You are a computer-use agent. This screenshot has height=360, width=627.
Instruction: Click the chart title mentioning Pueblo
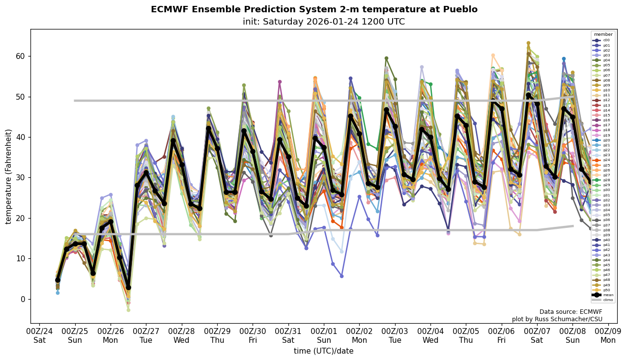pyautogui.click(x=314, y=9)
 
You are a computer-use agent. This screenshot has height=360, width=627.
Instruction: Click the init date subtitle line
pyautogui.click(x=324, y=22)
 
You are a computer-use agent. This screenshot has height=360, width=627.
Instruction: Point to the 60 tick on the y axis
pyautogui.click(x=20, y=56)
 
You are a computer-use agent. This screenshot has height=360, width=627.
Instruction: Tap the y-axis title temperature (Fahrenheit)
pyautogui.click(x=8, y=176)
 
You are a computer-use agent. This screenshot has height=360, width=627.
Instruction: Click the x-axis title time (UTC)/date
pyautogui.click(x=323, y=351)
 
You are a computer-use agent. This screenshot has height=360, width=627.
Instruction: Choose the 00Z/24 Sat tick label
pyautogui.click(x=40, y=336)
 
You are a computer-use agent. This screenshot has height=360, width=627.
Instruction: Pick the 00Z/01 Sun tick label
pyautogui.click(x=324, y=336)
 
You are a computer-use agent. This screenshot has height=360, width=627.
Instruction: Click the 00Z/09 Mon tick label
pyautogui.click(x=608, y=336)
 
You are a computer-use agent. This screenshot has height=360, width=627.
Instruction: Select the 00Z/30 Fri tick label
pyautogui.click(x=253, y=336)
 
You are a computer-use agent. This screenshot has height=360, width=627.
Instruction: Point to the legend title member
pyautogui.click(x=603, y=34)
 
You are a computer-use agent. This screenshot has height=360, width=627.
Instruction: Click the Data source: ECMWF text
pyautogui.click(x=570, y=312)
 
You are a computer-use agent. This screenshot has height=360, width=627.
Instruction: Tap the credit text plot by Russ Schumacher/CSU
pyautogui.click(x=557, y=319)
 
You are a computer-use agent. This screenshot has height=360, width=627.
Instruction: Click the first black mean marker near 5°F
pyautogui.click(x=57, y=280)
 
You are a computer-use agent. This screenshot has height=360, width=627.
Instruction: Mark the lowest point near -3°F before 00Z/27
pyautogui.click(x=128, y=310)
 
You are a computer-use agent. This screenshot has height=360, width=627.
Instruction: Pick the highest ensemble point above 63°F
pyautogui.click(x=528, y=43)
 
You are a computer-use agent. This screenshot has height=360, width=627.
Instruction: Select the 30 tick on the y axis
pyautogui.click(x=20, y=177)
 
